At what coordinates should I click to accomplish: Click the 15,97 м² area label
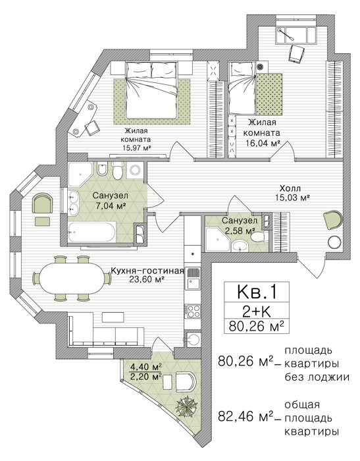pos(138,148)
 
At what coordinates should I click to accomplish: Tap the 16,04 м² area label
pos(263,143)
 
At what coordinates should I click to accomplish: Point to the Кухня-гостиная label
pos(147,271)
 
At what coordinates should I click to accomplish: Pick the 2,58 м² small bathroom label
pos(240,230)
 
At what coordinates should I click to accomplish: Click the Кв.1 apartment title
pos(257,292)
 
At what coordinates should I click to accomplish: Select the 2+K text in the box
pos(257,312)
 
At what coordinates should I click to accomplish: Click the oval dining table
pos(72,278)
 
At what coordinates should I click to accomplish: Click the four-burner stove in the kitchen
pos(192,312)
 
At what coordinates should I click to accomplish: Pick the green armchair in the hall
pos(333,219)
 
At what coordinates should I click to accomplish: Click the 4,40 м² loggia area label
pos(147,367)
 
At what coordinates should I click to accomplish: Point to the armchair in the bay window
pos(43,203)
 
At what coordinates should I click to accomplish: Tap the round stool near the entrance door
pos(334,243)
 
